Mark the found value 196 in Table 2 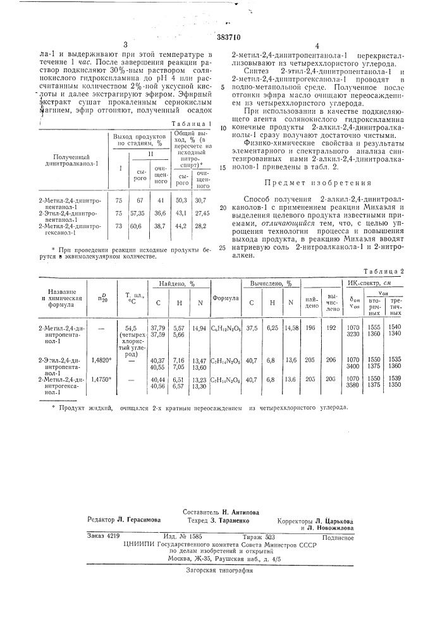[x=310, y=327]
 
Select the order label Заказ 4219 [x=104, y=535]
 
